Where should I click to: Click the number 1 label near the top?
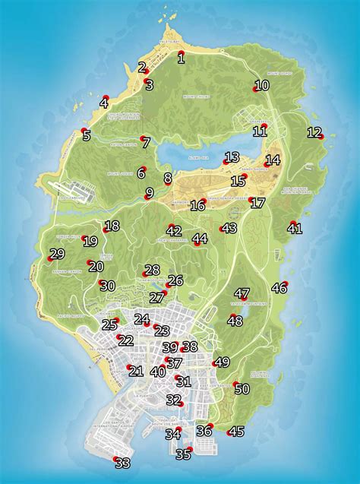coord(181,56)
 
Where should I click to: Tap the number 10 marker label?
coord(261,86)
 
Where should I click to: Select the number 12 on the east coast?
coord(314,132)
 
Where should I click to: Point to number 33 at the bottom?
coord(122,463)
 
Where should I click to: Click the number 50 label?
coord(242,389)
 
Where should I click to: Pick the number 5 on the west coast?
coord(86,136)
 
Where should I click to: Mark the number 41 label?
coord(295,228)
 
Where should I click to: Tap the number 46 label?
coord(279,287)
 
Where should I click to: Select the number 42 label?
coord(174,231)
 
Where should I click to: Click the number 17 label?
coord(257,203)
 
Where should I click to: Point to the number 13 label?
coord(232,157)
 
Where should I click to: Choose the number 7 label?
coord(146,142)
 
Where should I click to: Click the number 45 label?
coord(236,432)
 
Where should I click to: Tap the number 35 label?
coord(183,454)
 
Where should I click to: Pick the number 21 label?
coord(136,372)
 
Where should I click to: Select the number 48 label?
coord(235,321)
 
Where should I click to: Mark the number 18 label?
coord(112,226)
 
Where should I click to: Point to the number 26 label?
coord(175,280)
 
